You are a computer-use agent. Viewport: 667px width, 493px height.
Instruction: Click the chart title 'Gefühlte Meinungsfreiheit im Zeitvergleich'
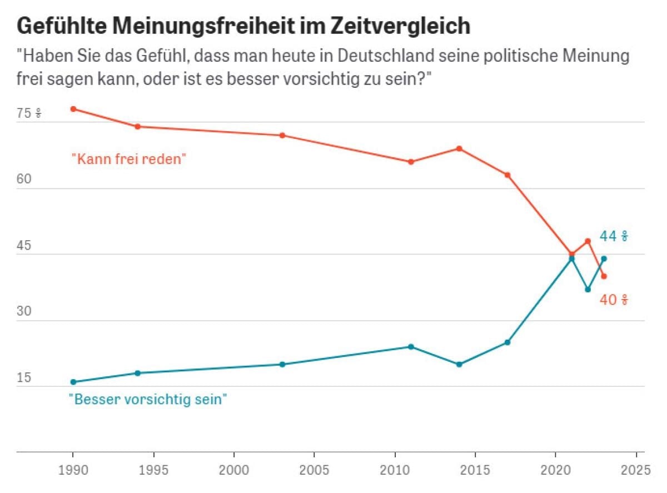click(244, 26)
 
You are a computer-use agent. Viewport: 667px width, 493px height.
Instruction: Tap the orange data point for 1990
click(73, 109)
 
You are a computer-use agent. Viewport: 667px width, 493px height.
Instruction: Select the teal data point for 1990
click(73, 382)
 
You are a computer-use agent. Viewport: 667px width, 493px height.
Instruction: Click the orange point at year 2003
click(282, 135)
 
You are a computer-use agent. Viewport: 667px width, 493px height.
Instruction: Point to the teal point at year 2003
click(282, 365)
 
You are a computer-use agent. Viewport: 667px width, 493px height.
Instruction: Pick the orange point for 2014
click(459, 148)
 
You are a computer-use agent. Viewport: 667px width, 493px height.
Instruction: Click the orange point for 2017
click(507, 175)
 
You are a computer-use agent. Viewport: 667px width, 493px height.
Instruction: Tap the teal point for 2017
click(507, 342)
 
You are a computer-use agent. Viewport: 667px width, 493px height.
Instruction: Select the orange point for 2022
click(588, 241)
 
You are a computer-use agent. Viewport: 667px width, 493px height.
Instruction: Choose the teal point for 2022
click(588, 290)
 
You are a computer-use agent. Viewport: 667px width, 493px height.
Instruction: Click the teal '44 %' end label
click(614, 237)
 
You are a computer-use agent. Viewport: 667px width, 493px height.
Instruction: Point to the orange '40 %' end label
click(614, 301)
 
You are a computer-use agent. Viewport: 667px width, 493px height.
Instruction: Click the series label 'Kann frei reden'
click(128, 159)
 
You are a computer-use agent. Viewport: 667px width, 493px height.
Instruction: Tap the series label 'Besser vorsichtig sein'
click(148, 399)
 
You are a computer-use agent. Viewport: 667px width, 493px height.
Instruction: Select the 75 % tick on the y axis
click(29, 114)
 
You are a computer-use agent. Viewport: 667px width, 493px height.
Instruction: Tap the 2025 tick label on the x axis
click(636, 470)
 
